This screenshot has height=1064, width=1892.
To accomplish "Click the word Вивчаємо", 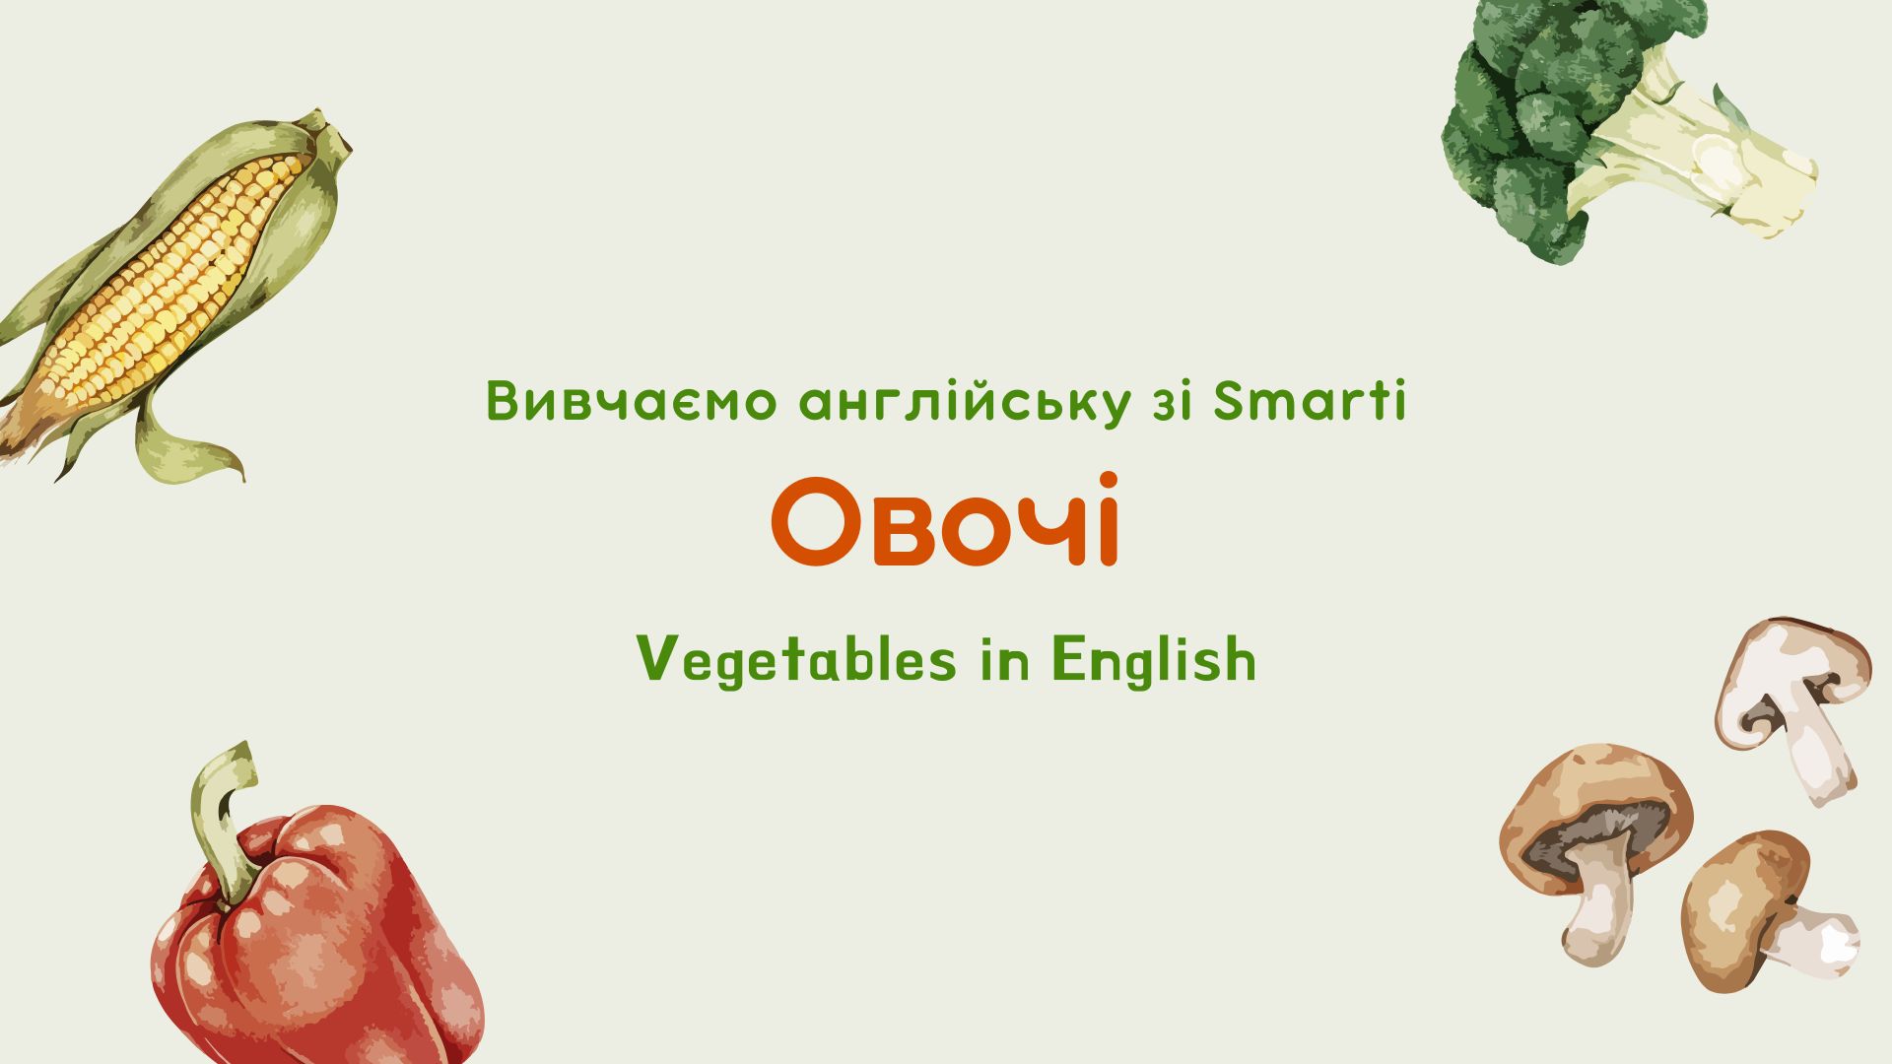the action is coord(632,401).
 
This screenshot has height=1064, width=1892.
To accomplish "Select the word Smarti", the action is coord(1310,401).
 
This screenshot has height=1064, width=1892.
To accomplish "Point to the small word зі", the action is coord(1172,401).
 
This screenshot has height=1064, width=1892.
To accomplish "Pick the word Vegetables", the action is coord(796,659).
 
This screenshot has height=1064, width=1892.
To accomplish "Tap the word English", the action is coord(1154,659).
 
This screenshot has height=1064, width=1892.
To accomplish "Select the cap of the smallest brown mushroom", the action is coord(1739,906).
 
